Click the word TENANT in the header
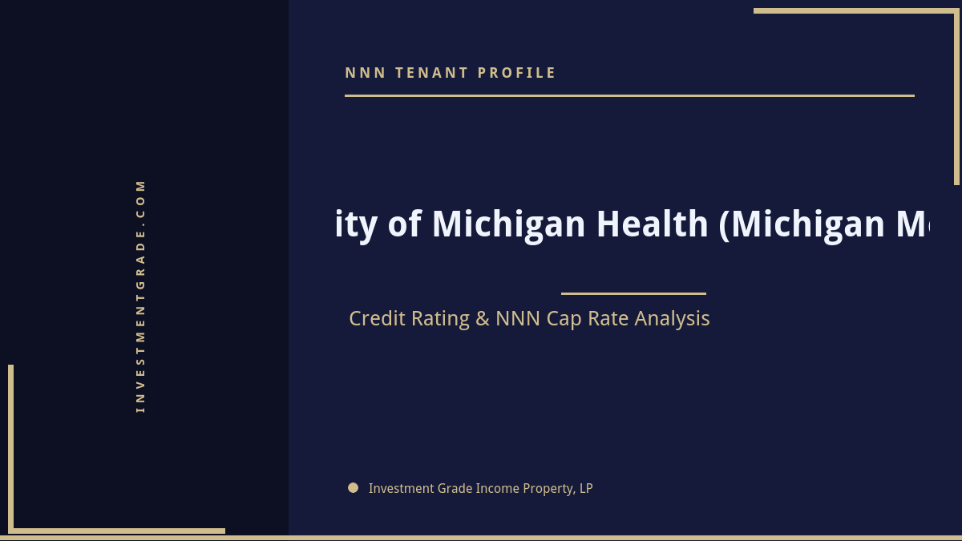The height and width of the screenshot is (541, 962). [x=430, y=73]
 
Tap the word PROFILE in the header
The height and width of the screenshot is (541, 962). [x=516, y=73]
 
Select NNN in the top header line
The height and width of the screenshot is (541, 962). [x=366, y=73]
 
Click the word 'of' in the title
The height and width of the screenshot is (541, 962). [x=405, y=224]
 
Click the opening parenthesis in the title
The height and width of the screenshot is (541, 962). [x=725, y=224]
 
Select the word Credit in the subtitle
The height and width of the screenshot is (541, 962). [x=380, y=318]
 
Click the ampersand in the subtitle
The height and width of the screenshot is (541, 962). [x=482, y=318]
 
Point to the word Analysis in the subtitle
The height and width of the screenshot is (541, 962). [x=672, y=318]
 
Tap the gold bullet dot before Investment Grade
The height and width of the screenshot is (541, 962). [x=353, y=487]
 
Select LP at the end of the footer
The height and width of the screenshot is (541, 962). [x=585, y=488]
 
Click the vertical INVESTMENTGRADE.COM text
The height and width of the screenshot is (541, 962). [x=140, y=296]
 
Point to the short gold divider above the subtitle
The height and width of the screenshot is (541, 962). [x=633, y=293]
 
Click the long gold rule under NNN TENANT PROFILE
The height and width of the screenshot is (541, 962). [x=629, y=95]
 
